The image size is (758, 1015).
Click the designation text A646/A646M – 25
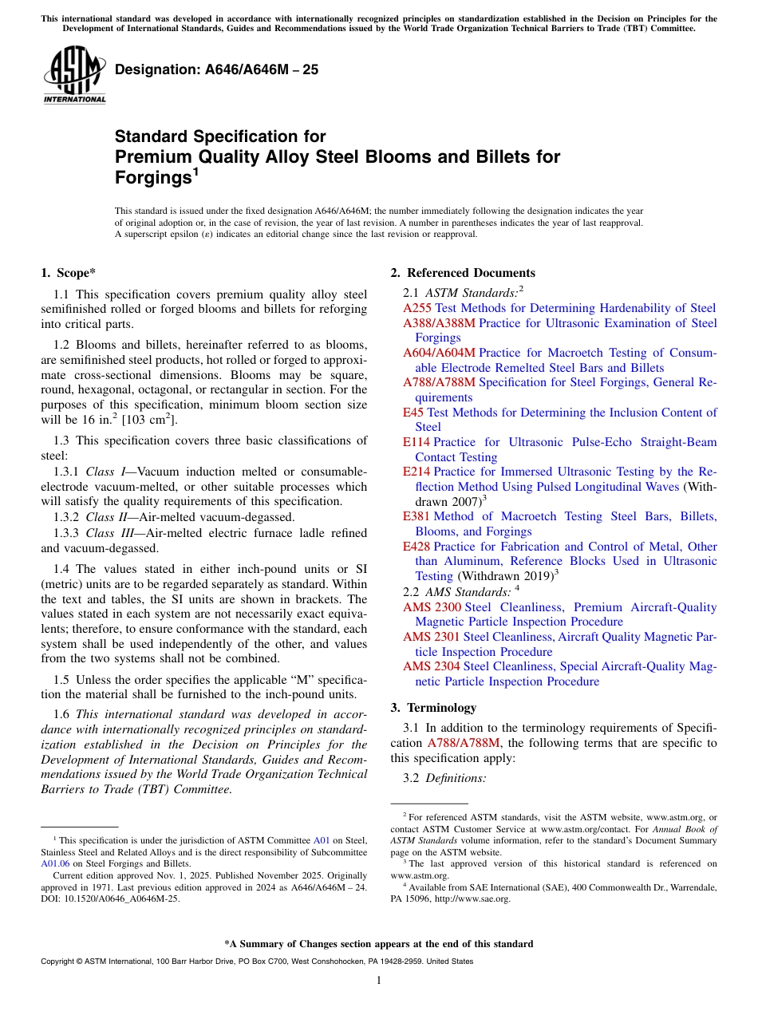tap(216, 70)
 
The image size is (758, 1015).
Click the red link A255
tap(417, 308)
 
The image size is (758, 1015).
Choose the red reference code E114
tap(417, 442)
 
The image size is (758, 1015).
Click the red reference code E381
tap(417, 516)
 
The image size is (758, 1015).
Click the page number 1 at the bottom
tap(379, 981)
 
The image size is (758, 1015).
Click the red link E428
tap(417, 547)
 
